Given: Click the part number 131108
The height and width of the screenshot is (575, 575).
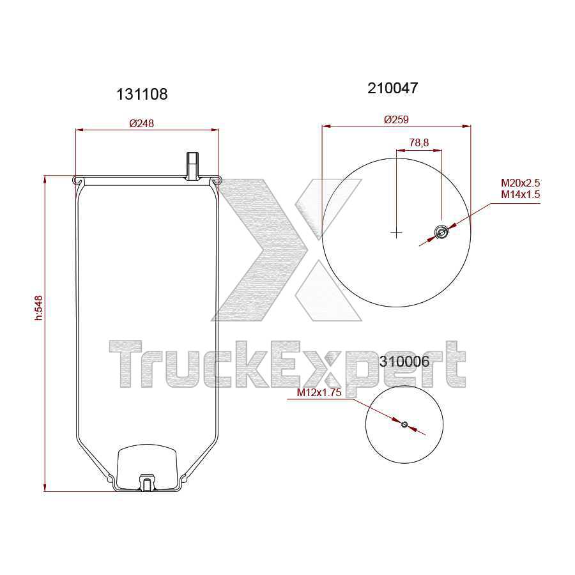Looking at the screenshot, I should (x=142, y=94).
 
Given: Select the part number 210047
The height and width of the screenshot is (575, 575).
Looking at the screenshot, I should (x=393, y=88).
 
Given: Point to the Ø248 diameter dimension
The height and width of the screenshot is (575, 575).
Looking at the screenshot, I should (x=142, y=123).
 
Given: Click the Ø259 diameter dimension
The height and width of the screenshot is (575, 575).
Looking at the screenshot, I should (x=396, y=119).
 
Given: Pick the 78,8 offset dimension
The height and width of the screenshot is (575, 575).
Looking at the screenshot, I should (x=418, y=143).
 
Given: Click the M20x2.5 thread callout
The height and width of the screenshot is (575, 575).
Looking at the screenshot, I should (x=520, y=184).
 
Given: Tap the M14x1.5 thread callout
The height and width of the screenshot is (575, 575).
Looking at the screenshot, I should (x=520, y=194).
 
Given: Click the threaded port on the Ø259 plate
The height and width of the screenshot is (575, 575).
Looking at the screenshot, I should (x=441, y=233).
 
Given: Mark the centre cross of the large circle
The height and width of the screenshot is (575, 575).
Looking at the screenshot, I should (x=396, y=233).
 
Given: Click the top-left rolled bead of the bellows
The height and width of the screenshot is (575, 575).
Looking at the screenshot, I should (x=78, y=181).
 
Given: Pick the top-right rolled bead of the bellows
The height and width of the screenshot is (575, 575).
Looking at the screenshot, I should (x=217, y=181).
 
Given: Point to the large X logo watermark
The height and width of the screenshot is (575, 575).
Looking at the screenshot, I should (x=287, y=249).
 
